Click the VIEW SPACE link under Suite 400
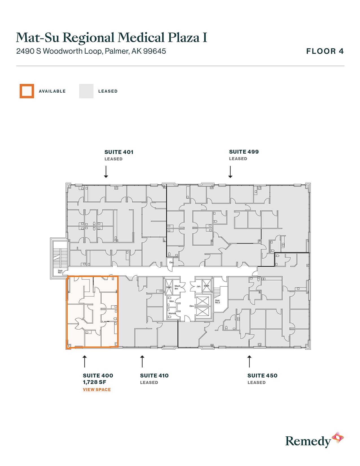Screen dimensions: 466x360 click(97, 389)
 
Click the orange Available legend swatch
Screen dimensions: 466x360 click(27, 91)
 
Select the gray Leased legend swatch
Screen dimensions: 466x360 click(86, 91)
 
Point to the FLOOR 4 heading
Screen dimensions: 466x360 click(325, 51)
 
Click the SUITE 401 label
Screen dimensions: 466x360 click(119, 152)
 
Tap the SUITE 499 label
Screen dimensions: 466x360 click(244, 152)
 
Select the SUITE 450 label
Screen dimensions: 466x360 click(262, 376)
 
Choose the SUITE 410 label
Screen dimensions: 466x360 click(154, 376)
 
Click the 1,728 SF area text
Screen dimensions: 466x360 click(95, 382)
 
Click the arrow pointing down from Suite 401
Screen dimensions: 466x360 click(106, 172)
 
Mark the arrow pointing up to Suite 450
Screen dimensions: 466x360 click(249, 362)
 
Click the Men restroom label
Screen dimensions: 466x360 click(172, 301)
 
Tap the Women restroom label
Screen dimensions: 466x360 click(172, 313)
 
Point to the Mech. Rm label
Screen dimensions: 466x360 click(177, 287)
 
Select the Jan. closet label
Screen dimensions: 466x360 click(198, 286)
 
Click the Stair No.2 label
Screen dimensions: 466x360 click(217, 302)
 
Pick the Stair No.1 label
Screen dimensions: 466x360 click(60, 272)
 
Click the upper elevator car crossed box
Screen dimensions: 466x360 click(202, 301)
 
